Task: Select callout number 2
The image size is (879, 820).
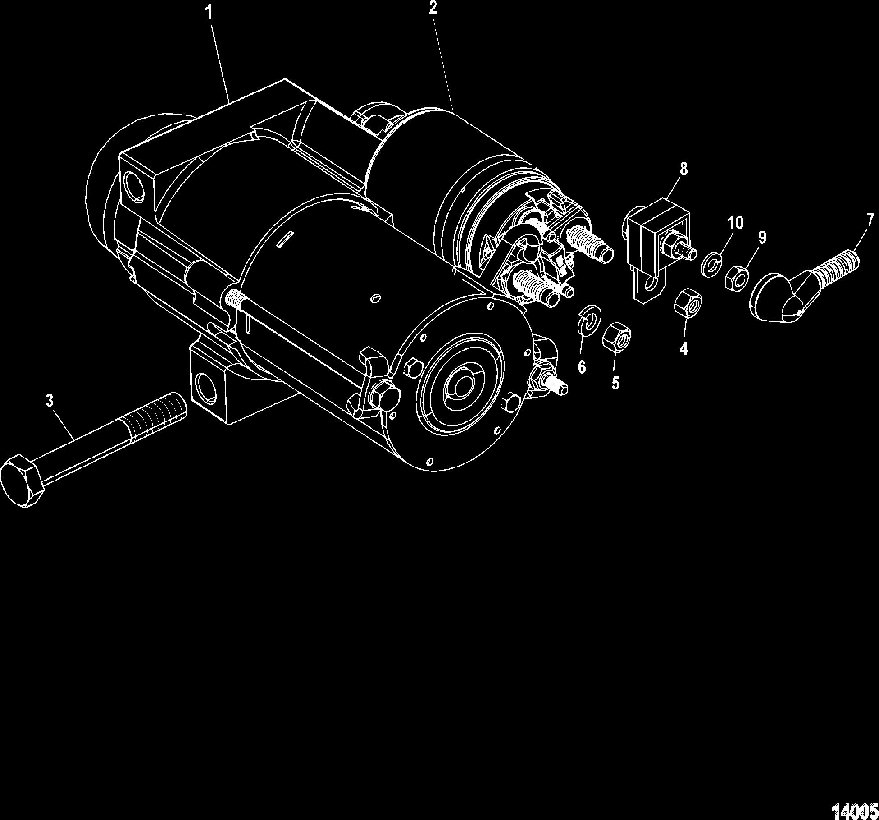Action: [433, 8]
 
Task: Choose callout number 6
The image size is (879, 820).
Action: [582, 367]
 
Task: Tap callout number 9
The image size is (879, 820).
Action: [761, 238]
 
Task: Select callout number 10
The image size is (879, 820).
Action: [735, 222]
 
